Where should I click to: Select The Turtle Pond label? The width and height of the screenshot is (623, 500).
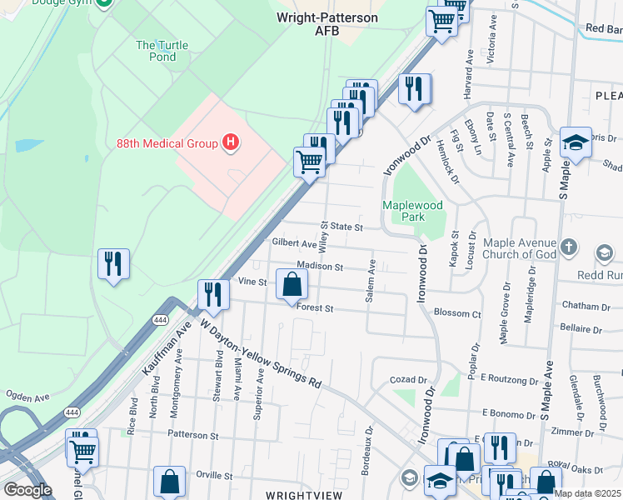[x=162, y=51]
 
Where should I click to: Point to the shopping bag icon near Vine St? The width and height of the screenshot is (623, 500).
[x=292, y=285]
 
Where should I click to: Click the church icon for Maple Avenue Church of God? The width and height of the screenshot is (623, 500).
[x=569, y=247]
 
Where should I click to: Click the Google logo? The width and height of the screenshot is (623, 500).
[x=27, y=490]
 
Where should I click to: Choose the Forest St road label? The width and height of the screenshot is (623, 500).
[x=314, y=308]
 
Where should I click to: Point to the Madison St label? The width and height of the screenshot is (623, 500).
[x=320, y=267]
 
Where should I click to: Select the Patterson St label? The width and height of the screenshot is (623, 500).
[x=192, y=435]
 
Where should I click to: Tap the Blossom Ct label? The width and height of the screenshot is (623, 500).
[x=457, y=314]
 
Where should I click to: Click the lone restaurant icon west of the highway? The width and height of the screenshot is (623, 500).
[x=112, y=264]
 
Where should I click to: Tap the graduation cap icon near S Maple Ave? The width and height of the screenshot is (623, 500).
[x=576, y=142]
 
